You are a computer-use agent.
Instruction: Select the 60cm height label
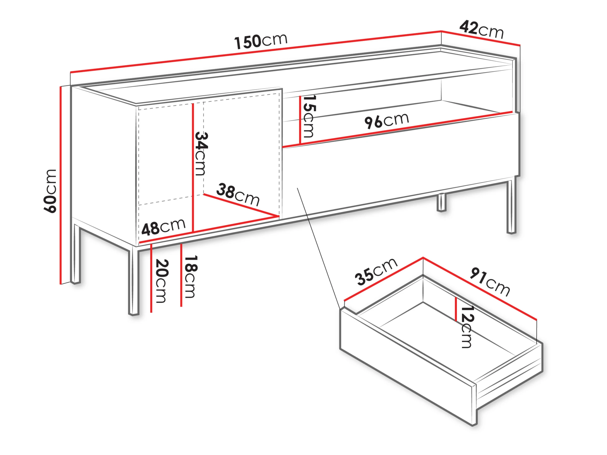click(50, 191)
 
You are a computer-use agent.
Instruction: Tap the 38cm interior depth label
click(238, 195)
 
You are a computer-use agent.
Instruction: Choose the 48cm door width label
click(164, 227)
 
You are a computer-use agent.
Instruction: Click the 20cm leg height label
click(161, 281)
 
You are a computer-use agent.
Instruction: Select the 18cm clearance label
click(191, 277)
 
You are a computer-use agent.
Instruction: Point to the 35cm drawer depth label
click(376, 272)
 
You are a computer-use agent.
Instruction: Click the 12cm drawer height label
click(467, 327)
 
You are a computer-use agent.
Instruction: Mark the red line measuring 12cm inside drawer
click(456, 309)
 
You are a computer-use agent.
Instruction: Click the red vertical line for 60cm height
click(61, 185)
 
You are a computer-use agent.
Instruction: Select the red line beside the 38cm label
click(241, 206)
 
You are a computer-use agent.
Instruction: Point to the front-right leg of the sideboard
click(511, 206)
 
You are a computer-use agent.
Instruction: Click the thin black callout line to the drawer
click(319, 249)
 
